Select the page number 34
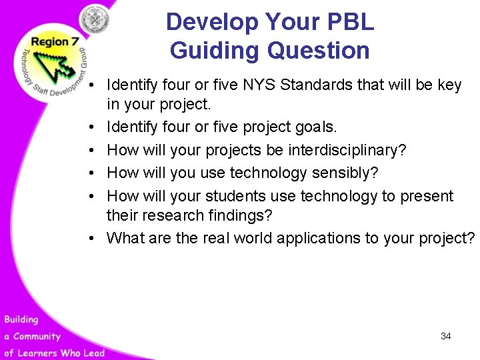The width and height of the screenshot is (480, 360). point(445,337)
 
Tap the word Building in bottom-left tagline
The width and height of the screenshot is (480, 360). point(21,321)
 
